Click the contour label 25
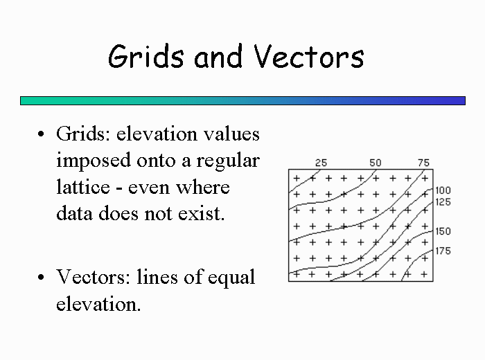(x=321, y=163)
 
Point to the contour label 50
(x=376, y=163)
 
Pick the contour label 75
(x=424, y=163)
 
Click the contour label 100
(x=443, y=190)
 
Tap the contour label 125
(x=443, y=202)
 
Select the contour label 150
(x=443, y=231)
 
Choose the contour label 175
(x=443, y=251)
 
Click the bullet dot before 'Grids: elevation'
(x=41, y=134)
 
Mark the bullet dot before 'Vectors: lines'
(x=41, y=277)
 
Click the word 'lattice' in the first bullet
(x=83, y=187)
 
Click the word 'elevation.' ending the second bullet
(x=98, y=303)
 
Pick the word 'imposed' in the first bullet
(x=94, y=161)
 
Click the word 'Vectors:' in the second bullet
(x=94, y=276)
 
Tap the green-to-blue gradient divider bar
(x=242, y=101)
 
